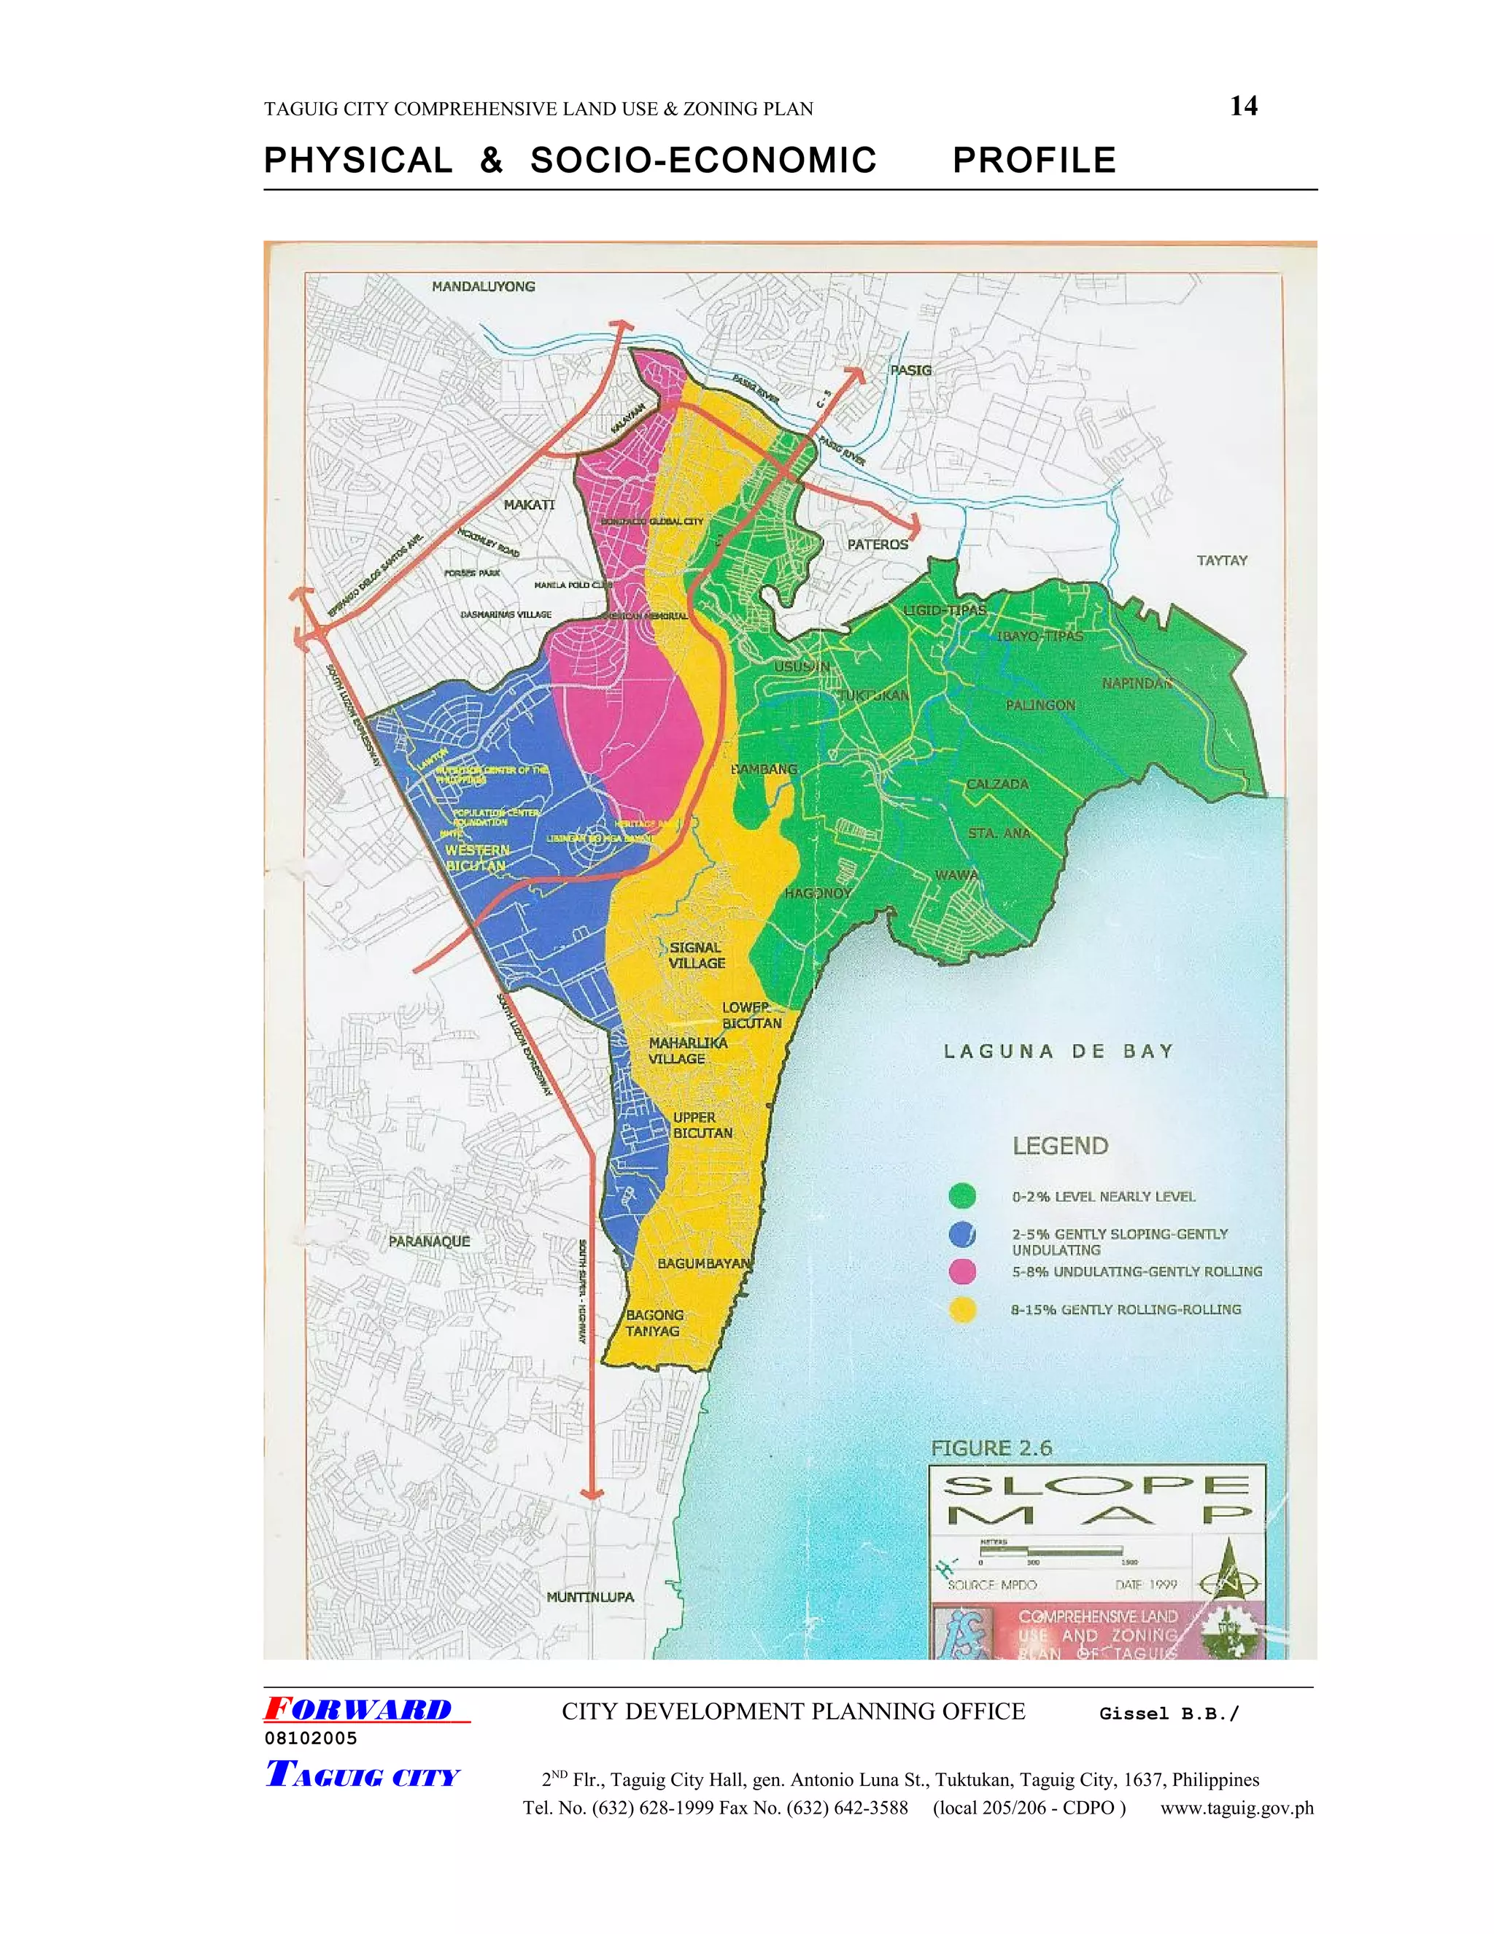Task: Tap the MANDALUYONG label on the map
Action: (x=483, y=286)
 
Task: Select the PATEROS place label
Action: (x=877, y=544)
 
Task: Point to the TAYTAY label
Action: (x=1221, y=560)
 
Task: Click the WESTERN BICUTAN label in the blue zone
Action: (x=477, y=858)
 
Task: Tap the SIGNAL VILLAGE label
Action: (x=697, y=955)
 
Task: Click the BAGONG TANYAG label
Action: (x=654, y=1323)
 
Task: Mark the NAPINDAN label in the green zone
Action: (x=1137, y=683)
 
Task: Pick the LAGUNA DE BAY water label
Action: (x=1058, y=1051)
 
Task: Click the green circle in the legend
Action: (x=962, y=1195)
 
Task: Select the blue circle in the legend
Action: (x=962, y=1233)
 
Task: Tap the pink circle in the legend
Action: (x=962, y=1271)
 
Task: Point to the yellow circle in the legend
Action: (x=962, y=1310)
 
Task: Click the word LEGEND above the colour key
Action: (x=1059, y=1146)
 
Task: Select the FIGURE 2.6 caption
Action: (x=991, y=1448)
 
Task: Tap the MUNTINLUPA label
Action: (x=589, y=1597)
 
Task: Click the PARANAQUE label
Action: (x=429, y=1241)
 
